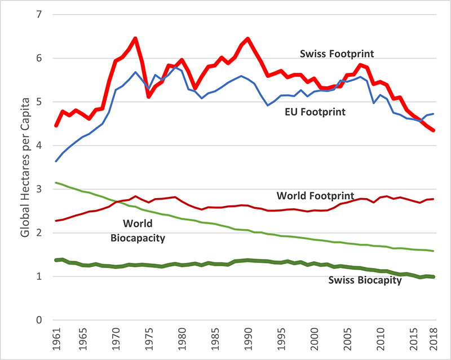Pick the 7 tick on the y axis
pos(39,14)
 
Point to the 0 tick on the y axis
pos(39,320)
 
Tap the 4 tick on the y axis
pos(39,146)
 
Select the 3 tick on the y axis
pos(39,189)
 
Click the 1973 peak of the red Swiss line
pos(135,38)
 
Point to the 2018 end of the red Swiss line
pos(432,130)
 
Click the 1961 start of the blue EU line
pos(56,161)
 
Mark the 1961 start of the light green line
pos(56,182)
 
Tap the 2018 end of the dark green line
pos(432,276)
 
